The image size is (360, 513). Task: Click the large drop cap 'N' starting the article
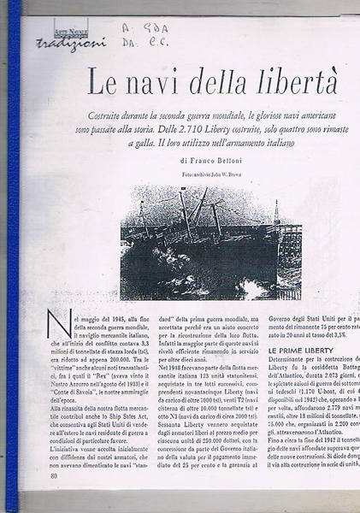click(59, 326)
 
